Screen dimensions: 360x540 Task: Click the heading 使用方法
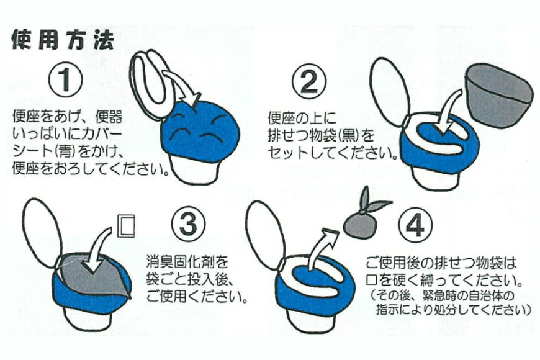[x=63, y=40]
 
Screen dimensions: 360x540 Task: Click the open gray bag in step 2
[x=499, y=94]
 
